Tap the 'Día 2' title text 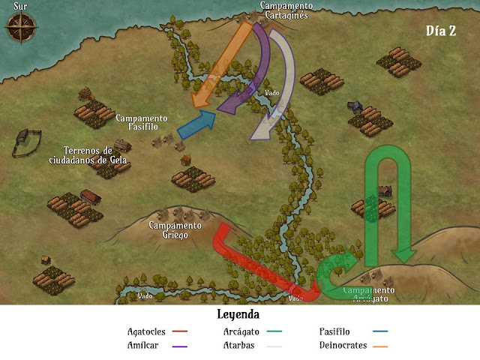[x=441, y=31]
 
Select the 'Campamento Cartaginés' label [x=286, y=10]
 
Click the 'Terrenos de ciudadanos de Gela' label [x=88, y=154]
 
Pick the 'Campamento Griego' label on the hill [x=175, y=229]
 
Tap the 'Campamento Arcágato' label [x=367, y=293]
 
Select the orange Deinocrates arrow [x=225, y=64]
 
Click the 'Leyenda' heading [x=238, y=314]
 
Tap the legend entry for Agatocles [x=157, y=331]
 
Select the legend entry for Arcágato [x=251, y=331]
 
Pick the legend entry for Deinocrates [x=353, y=346]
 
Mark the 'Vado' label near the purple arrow [x=272, y=93]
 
